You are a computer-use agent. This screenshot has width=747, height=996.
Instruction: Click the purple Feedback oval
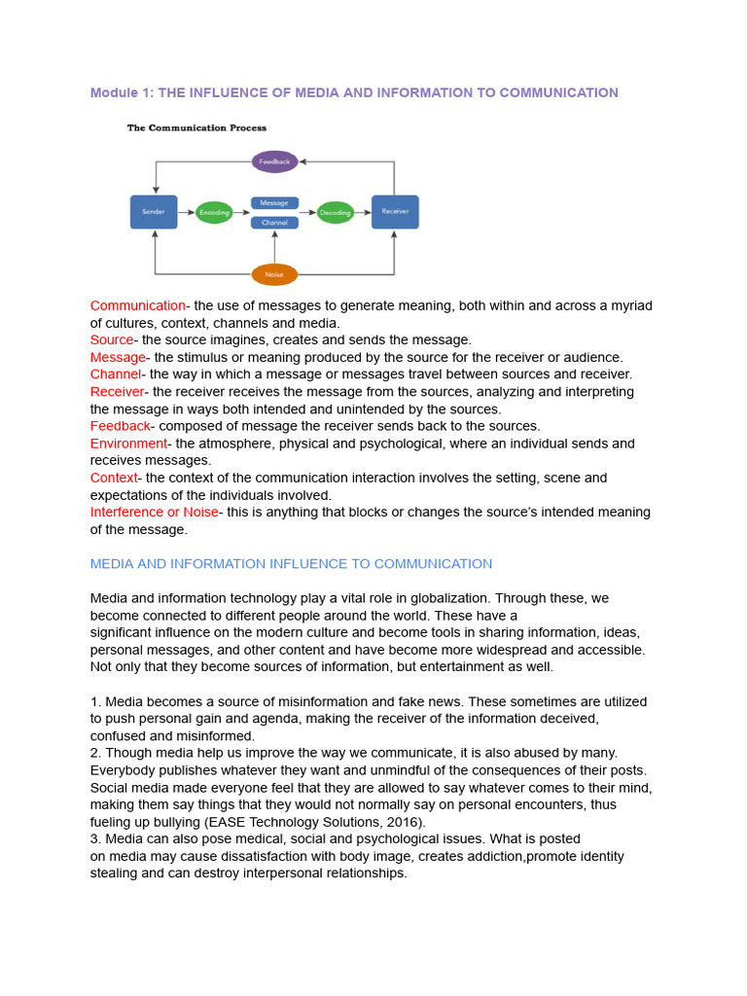click(x=274, y=161)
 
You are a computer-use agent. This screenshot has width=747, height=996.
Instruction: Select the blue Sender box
click(x=154, y=212)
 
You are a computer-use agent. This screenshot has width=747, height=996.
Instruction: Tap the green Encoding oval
click(x=214, y=212)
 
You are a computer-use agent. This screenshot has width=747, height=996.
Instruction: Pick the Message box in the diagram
click(x=274, y=203)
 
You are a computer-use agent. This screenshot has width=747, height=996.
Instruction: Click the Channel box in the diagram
click(x=274, y=223)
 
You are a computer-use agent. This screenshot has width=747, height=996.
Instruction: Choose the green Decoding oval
click(x=336, y=212)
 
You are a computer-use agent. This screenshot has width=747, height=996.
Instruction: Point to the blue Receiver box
click(x=395, y=212)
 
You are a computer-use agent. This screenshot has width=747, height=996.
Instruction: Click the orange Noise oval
click(x=274, y=274)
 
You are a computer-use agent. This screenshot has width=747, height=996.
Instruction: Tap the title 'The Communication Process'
click(x=196, y=127)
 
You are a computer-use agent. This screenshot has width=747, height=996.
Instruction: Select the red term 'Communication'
click(x=137, y=306)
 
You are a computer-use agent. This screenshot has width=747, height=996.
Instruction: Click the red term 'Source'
click(x=112, y=340)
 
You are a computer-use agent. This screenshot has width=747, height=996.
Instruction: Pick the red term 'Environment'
click(x=128, y=444)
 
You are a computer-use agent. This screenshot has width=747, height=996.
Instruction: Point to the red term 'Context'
click(x=114, y=479)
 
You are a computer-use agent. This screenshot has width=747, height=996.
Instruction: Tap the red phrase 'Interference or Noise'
click(x=154, y=513)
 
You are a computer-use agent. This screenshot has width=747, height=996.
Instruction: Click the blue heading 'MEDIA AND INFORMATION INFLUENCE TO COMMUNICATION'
click(x=291, y=564)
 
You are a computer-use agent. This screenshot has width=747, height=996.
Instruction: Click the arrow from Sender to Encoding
click(x=186, y=212)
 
